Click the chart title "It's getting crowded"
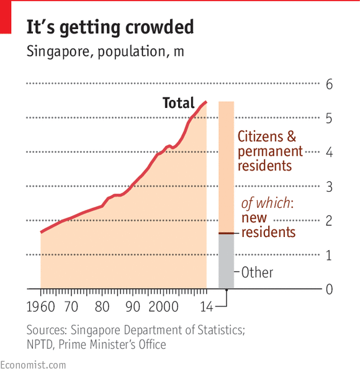pyautogui.click(x=110, y=27)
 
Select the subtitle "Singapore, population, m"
pyautogui.click(x=105, y=51)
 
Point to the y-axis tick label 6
pyautogui.click(x=330, y=84)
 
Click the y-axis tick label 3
pyautogui.click(x=330, y=187)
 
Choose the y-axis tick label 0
pyautogui.click(x=330, y=289)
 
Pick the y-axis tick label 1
pyautogui.click(x=330, y=255)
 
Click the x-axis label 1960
pyautogui.click(x=41, y=307)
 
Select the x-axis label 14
pyautogui.click(x=206, y=307)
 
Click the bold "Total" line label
pyautogui.click(x=178, y=103)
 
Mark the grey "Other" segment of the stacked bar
pyautogui.click(x=226, y=261)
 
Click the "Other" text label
pyautogui.click(x=256, y=272)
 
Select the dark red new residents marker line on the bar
pyautogui.click(x=226, y=233)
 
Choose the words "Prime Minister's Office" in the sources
pyautogui.click(x=114, y=344)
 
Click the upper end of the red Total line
pyautogui.click(x=206, y=102)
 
